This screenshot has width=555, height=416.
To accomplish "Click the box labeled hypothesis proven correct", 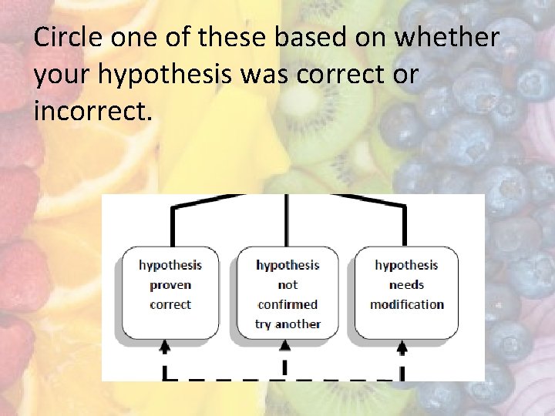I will pos(170,294).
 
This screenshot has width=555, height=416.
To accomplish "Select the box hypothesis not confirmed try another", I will pos(288,294).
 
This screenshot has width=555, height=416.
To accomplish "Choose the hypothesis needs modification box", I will pos(406,294).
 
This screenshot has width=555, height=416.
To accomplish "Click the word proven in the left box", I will pos(170,285).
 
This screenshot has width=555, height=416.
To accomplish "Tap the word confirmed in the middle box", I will pos(288,304).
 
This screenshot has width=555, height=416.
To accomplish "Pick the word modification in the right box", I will pos(407,304).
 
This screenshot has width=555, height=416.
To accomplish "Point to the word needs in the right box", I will pos(406,285).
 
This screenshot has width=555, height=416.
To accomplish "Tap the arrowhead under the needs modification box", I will pos(402,348).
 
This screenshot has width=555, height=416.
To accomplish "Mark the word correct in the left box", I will pos(170,304).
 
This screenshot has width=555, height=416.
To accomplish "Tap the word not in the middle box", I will pos(288,285).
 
